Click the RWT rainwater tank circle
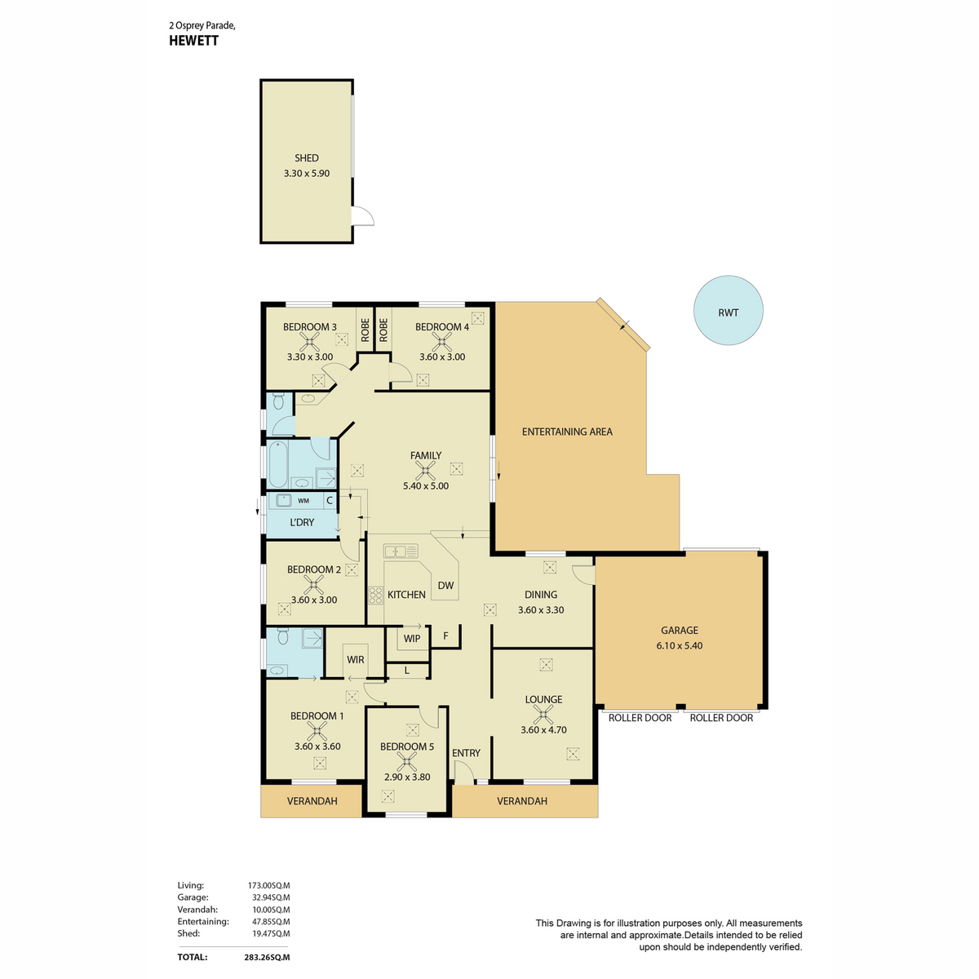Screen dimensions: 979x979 point(728,310)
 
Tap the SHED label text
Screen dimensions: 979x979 point(307,158)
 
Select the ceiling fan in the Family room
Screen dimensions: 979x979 point(425,471)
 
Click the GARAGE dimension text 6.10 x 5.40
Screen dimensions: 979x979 point(680,645)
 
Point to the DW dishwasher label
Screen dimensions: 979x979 point(445,585)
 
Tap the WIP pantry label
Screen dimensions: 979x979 point(411,639)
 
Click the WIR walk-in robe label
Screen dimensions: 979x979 point(355,659)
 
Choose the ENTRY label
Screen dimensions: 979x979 point(466,753)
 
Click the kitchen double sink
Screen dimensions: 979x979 point(401,551)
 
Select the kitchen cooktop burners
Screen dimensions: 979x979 point(375,596)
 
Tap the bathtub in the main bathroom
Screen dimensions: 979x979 point(278,464)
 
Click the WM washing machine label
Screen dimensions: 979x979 point(303,500)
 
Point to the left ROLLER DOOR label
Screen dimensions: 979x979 point(640,718)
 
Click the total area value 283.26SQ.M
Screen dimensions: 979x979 point(267,957)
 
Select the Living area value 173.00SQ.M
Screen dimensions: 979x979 point(268,885)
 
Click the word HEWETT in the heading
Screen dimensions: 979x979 point(193,41)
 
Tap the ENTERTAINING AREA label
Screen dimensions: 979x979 point(567,432)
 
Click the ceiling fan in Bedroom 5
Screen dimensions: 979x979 point(406,761)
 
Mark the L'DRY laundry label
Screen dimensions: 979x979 point(302,522)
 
